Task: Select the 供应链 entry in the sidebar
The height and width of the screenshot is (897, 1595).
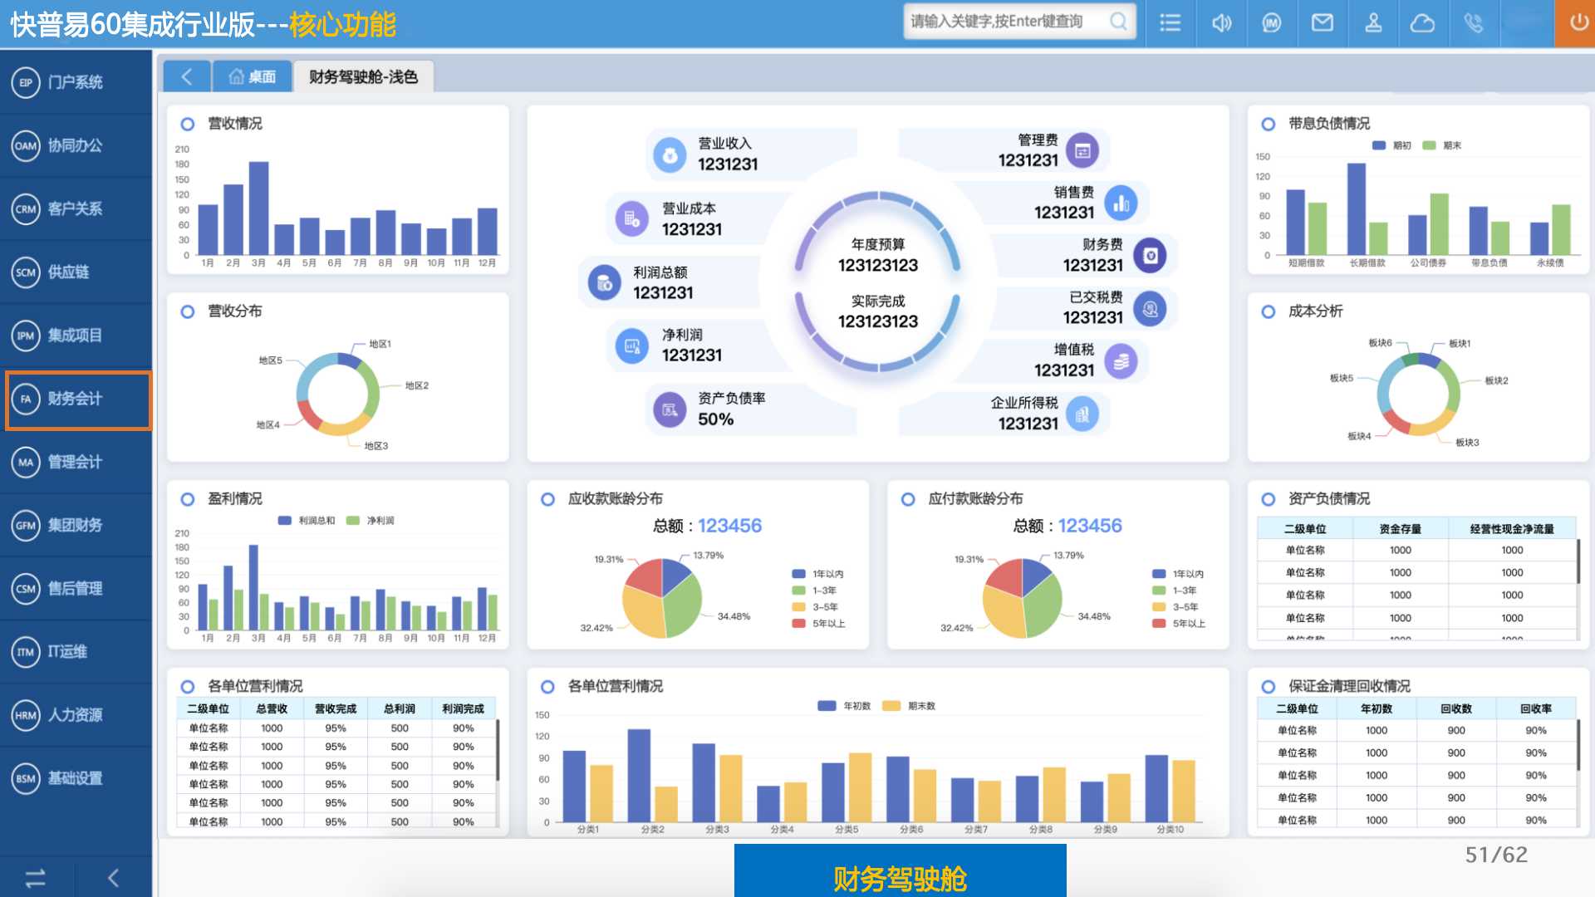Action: [x=68, y=272]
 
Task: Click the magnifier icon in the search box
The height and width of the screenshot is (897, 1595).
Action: [x=1119, y=22]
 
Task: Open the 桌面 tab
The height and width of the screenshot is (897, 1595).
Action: [x=253, y=77]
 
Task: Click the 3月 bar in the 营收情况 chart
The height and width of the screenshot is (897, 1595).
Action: [x=258, y=208]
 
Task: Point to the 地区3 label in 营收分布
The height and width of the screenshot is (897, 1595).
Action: [x=375, y=446]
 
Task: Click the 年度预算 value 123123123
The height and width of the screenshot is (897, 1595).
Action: [x=877, y=266]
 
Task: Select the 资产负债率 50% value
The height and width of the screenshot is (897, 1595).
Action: [x=715, y=419]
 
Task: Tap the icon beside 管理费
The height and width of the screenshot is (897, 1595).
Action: [x=1082, y=150]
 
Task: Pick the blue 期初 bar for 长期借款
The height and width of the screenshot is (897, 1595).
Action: [x=1356, y=208]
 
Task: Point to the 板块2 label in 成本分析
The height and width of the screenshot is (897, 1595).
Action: [x=1496, y=380]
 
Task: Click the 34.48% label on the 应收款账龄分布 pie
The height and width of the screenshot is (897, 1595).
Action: [x=734, y=616]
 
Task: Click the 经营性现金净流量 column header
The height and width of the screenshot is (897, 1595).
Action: [x=1511, y=529]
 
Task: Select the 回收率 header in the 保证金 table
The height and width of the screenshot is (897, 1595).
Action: [x=1535, y=708]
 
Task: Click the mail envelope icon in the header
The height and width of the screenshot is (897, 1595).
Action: [x=1322, y=22]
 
